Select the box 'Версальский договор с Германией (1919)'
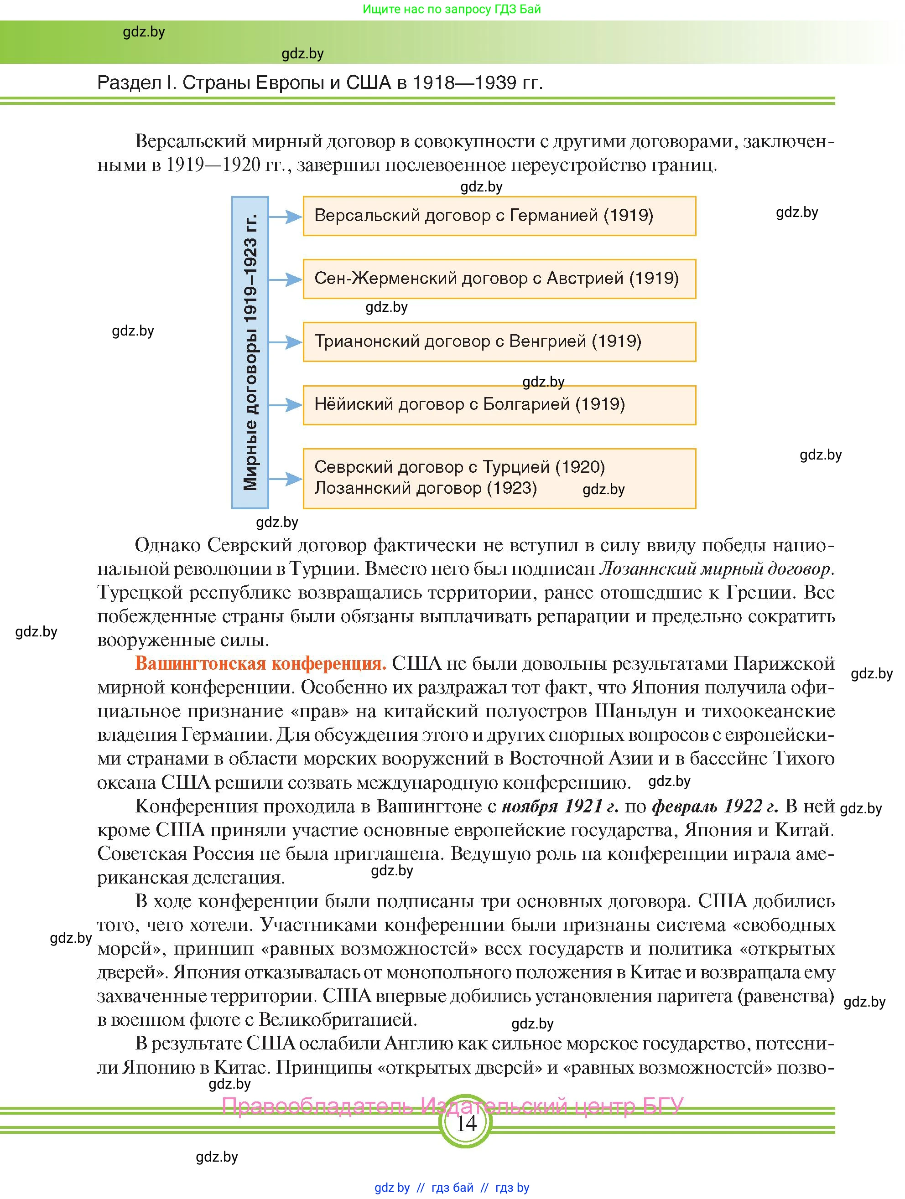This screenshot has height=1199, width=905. (x=499, y=216)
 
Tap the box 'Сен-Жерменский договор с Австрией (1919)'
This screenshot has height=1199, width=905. (x=499, y=279)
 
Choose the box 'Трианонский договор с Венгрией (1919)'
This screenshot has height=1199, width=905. (x=499, y=341)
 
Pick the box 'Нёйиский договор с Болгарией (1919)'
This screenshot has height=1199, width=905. (x=499, y=404)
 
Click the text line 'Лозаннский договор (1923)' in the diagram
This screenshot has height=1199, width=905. (x=426, y=488)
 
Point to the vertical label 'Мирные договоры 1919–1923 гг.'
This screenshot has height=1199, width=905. (x=250, y=352)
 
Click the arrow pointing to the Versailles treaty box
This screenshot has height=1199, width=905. (x=285, y=217)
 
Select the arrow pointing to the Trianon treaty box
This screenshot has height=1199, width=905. (x=285, y=342)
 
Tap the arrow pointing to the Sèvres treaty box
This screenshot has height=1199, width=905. (x=285, y=479)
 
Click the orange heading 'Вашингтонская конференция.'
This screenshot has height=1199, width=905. (x=260, y=663)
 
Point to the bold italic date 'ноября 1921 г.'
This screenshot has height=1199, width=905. (x=560, y=806)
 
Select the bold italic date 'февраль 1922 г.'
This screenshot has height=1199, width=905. (x=715, y=806)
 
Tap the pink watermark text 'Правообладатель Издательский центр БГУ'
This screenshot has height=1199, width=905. (x=453, y=1106)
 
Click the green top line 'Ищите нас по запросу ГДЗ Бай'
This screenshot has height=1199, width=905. (x=452, y=9)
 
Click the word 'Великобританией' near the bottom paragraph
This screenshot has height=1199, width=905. (x=337, y=1019)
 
